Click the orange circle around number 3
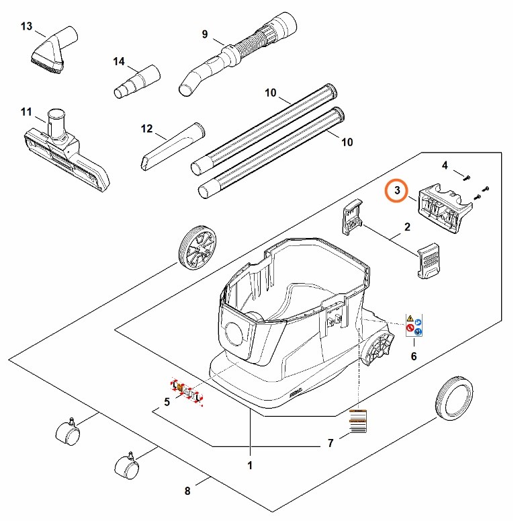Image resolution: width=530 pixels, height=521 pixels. point(397,192)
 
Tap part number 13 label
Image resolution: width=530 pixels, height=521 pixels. point(27,26)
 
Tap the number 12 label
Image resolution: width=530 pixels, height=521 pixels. point(148,128)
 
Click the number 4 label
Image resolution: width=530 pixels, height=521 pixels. point(445,165)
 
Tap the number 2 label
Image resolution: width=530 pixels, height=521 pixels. point(407,228)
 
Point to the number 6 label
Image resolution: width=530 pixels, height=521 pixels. point(413,356)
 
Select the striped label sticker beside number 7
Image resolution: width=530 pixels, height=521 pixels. point(358,422)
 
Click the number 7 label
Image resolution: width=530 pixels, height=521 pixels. point(330,443)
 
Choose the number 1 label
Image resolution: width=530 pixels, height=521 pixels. point(250,465)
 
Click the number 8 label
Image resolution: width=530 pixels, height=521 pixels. point(187,491)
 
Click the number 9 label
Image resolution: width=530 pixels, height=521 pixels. point(205,34)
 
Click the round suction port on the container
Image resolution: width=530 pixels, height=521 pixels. point(236,334)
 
